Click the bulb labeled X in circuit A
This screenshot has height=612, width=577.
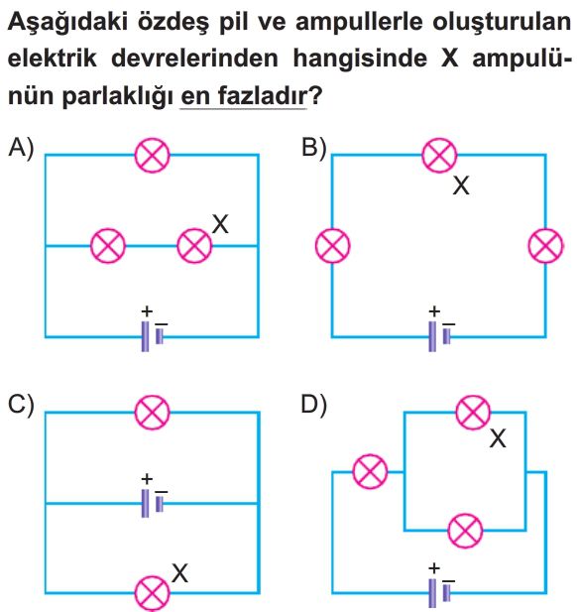pos(194,246)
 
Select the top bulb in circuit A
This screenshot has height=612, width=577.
pos(152,156)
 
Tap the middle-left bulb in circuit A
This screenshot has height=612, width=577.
pos(108,246)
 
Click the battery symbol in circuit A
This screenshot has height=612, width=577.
pos(152,336)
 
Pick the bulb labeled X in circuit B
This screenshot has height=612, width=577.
pos(439,155)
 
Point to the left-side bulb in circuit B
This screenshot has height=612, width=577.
pos(332,246)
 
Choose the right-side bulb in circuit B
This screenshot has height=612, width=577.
pos(546,246)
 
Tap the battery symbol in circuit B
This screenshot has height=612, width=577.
pos(439,336)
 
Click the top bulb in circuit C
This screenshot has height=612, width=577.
pos(152,413)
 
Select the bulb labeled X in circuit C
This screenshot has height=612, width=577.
pos(152,594)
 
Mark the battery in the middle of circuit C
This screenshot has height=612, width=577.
pos(152,503)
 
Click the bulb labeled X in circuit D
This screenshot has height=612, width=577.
pos(473,413)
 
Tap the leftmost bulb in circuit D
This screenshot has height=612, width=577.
pos(370,471)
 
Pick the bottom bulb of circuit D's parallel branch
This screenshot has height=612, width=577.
pos(465,531)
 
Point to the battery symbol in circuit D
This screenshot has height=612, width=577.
pos(439,592)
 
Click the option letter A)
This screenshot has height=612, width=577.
pos(21,149)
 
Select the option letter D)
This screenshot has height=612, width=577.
pos(313,406)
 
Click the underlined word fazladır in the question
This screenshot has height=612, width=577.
pos(263,95)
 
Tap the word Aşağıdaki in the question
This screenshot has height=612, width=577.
pos(67,23)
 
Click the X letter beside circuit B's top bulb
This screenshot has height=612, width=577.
pos(461,185)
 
